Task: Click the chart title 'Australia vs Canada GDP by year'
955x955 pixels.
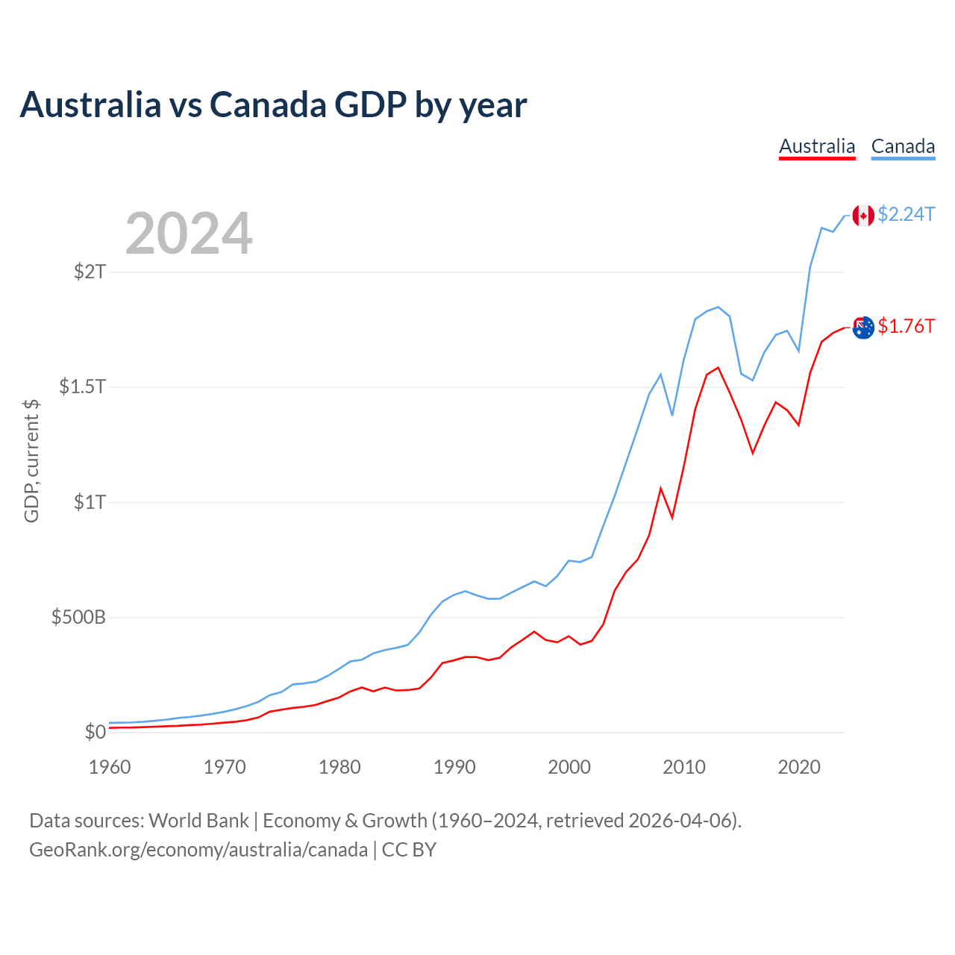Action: tap(273, 105)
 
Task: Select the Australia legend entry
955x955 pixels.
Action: tap(817, 146)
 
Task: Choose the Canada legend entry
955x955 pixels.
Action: tap(903, 146)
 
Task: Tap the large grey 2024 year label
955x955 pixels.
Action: tap(189, 234)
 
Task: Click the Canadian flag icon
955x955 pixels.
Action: tap(863, 215)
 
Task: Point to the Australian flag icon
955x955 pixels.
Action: tap(863, 328)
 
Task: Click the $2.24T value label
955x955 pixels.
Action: tap(906, 215)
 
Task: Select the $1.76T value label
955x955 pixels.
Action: tap(906, 327)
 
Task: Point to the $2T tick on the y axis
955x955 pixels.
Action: tap(90, 272)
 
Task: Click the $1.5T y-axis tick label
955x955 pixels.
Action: tap(83, 386)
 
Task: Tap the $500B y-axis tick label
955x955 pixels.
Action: tap(78, 617)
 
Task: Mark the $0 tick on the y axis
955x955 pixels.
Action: tap(95, 732)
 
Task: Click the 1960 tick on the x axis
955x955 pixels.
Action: tap(110, 767)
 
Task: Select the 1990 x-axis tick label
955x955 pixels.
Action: tap(454, 767)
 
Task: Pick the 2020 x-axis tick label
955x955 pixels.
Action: tap(799, 767)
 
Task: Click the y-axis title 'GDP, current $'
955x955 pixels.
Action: tap(31, 461)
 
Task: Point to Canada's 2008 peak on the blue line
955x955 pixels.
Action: tap(660, 374)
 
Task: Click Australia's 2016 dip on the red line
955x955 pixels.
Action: tap(753, 453)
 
